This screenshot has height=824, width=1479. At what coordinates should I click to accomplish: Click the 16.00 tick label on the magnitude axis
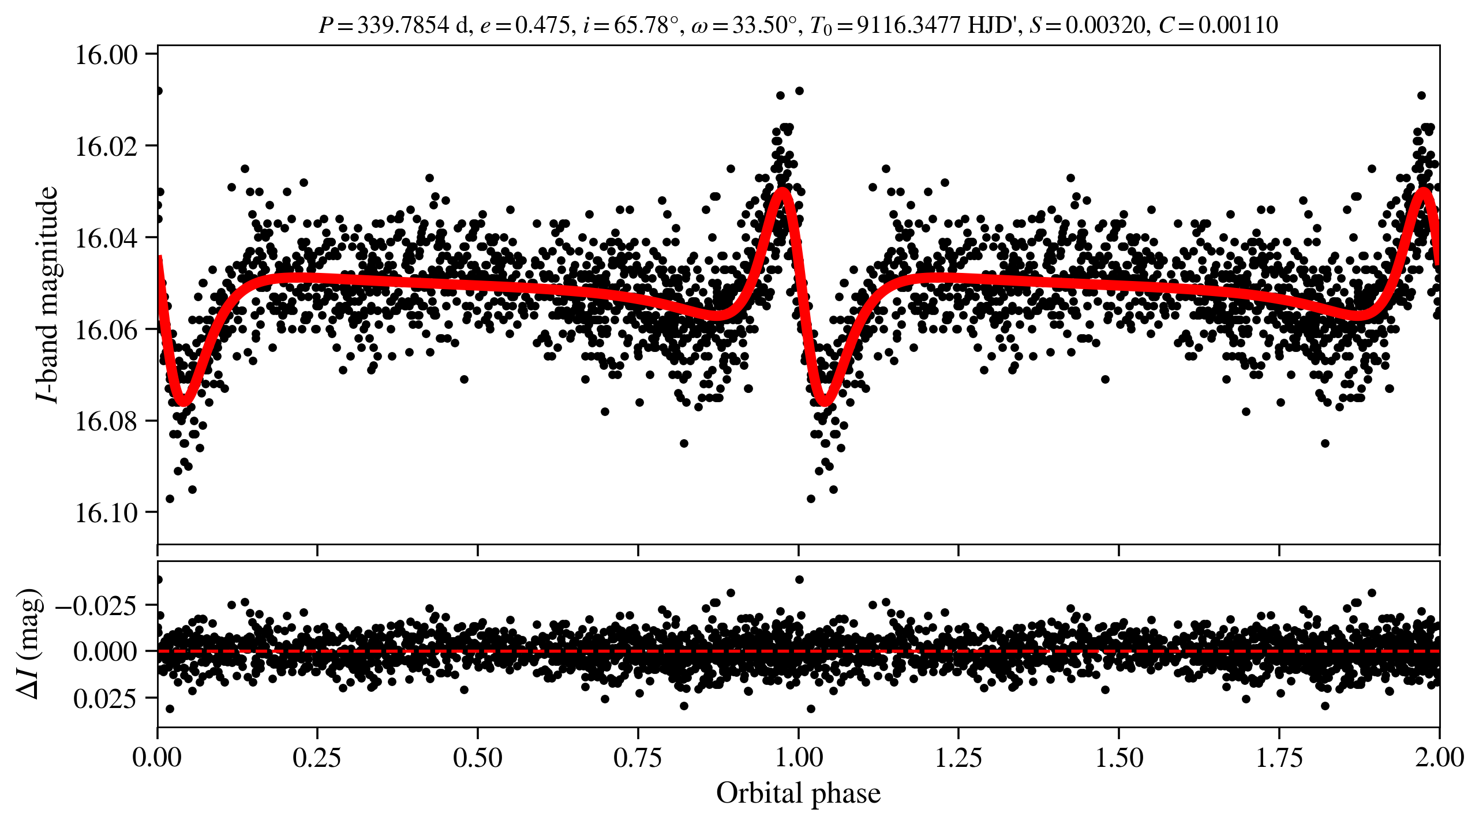(x=106, y=55)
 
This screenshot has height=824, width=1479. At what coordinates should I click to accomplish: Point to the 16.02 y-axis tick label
(x=106, y=146)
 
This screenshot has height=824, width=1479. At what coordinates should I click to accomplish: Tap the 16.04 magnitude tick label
(x=106, y=238)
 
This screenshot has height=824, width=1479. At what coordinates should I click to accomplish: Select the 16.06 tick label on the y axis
(x=106, y=329)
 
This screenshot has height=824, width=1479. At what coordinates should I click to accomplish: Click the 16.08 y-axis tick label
(x=106, y=421)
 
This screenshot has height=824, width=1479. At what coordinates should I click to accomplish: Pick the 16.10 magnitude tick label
(x=106, y=512)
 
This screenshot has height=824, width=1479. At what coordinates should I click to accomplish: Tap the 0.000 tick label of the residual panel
(x=105, y=651)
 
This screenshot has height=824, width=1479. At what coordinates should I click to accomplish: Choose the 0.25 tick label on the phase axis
(x=317, y=758)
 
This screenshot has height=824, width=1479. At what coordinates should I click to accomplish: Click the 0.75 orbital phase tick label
(x=638, y=758)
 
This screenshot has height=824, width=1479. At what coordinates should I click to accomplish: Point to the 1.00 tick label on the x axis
(x=798, y=758)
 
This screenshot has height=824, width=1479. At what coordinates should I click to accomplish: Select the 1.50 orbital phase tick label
(x=1119, y=758)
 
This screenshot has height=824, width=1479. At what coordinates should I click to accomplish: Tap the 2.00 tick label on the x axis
(x=1439, y=758)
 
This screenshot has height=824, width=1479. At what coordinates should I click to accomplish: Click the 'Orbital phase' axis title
(x=798, y=793)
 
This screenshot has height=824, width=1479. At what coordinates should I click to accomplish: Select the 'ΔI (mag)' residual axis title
(x=29, y=643)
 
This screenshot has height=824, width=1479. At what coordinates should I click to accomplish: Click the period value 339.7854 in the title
(x=403, y=25)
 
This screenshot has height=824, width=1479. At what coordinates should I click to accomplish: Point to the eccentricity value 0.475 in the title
(x=542, y=25)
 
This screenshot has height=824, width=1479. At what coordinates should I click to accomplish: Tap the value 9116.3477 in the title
(x=908, y=25)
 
